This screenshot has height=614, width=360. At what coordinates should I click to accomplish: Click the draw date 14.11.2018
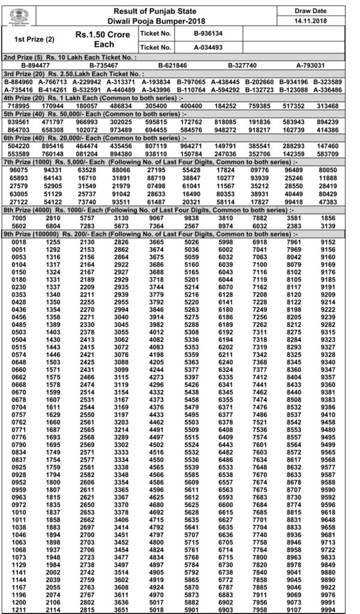319,22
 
